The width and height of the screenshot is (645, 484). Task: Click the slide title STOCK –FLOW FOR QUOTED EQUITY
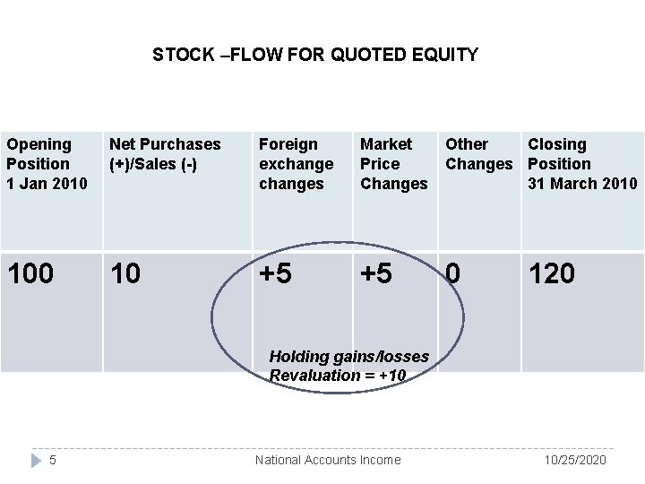point(315,55)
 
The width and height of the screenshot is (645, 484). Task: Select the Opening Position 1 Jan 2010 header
point(47,163)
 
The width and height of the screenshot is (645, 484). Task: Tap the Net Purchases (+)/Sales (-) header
point(165,153)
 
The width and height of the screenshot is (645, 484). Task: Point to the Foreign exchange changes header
point(296,163)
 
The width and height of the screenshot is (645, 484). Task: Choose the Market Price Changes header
point(393,163)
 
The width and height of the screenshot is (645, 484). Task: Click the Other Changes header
point(478,153)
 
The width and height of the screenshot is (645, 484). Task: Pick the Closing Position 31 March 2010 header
point(582,163)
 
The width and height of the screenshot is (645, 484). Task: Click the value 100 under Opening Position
point(30,273)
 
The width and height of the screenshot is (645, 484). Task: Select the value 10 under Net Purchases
point(125,273)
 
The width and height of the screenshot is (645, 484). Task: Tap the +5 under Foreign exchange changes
point(275,273)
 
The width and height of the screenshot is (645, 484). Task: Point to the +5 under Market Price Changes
point(376,273)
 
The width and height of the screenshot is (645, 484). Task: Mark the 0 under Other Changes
point(454,273)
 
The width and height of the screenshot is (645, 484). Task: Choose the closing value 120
point(551,273)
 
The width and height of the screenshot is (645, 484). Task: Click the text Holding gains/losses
point(348,357)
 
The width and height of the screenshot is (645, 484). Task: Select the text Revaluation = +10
point(338,375)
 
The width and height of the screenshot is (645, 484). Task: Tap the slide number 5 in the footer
point(53,460)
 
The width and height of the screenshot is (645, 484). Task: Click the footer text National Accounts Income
point(328,460)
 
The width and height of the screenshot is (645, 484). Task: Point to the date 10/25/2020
point(576,460)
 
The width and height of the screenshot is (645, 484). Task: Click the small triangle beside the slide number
point(35,460)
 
